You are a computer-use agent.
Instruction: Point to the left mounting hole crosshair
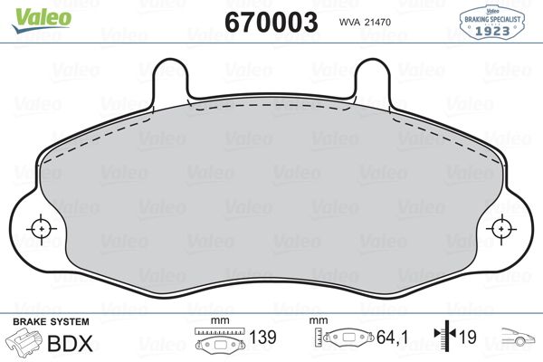[40, 230]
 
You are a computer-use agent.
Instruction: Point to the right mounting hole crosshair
[502, 230]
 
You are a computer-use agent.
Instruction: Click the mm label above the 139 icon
[216, 321]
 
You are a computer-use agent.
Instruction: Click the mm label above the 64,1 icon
[318, 321]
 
